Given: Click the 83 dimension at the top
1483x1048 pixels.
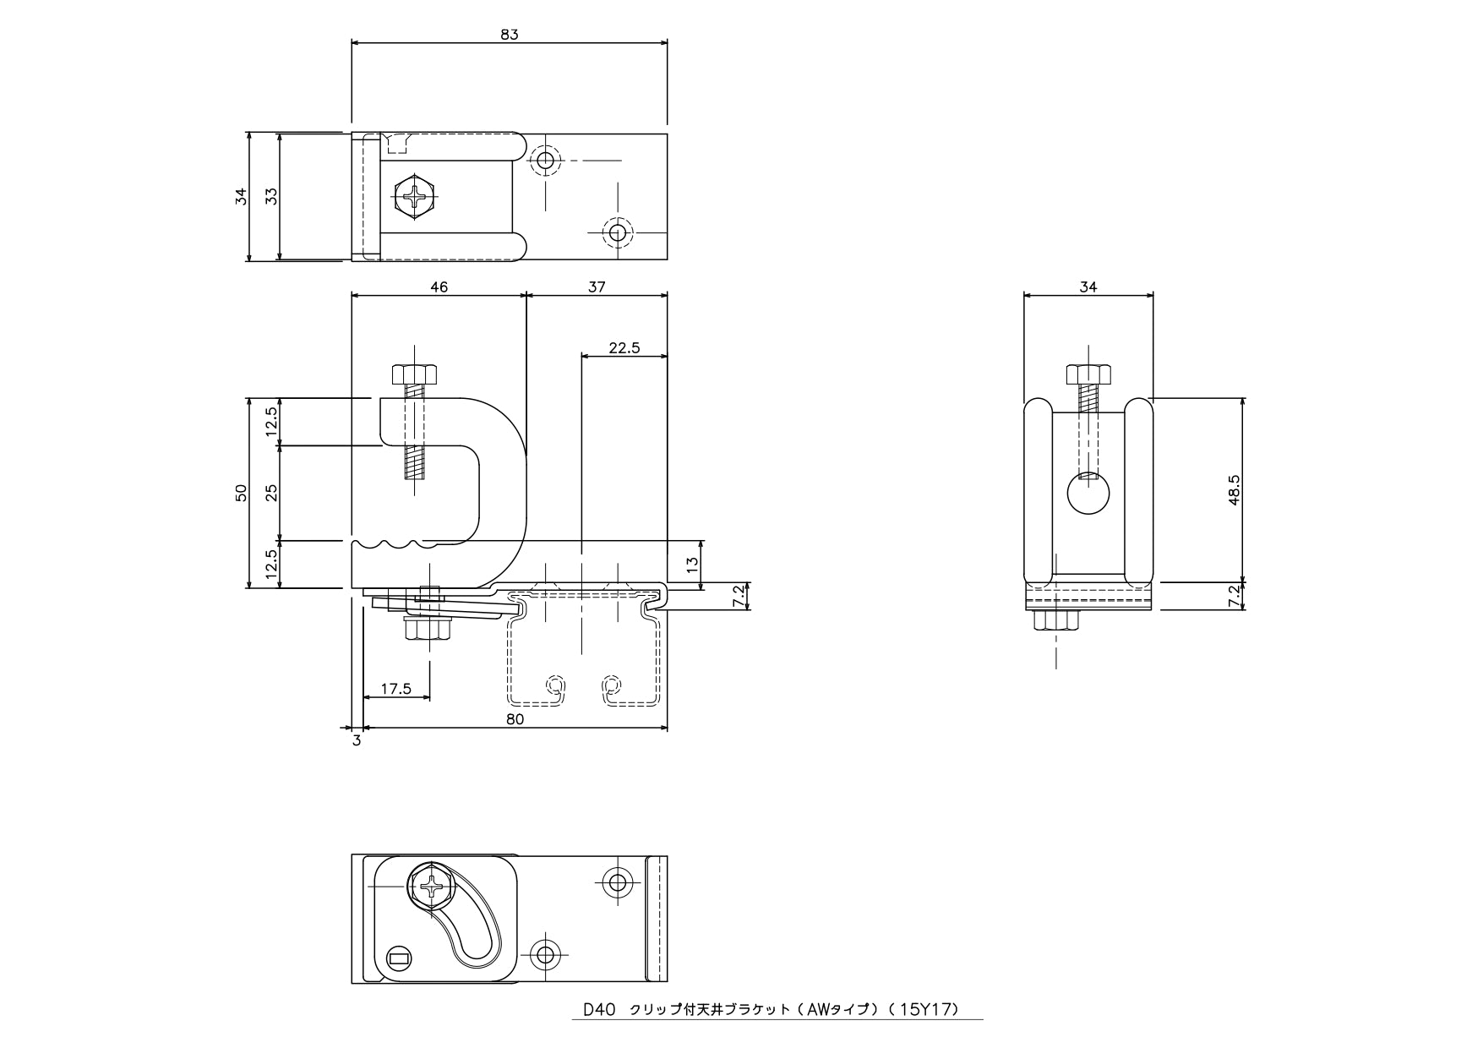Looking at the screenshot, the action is point(509,35).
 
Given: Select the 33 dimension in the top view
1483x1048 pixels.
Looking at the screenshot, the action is point(271,196).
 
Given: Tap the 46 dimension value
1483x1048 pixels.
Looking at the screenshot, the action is point(439,287).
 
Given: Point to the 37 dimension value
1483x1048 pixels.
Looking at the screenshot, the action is point(597,287).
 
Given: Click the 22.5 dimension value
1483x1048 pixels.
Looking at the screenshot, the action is point(624,347).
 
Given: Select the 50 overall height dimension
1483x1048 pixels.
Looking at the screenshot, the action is point(241,493).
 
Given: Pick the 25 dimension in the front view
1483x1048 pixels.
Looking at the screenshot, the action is point(271,493).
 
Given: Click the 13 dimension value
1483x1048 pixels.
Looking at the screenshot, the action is point(693,564).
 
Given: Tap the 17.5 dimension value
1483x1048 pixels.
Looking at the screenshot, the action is point(395,689).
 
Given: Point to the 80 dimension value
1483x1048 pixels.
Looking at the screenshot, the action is point(515,719).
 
